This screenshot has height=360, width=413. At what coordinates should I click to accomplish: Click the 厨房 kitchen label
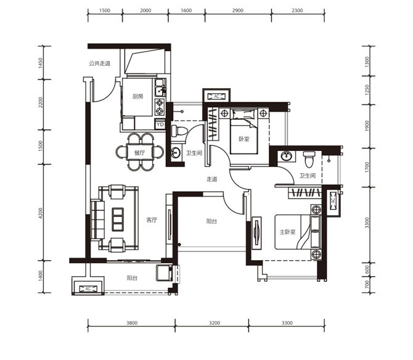click(137, 96)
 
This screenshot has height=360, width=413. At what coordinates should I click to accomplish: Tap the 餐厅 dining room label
click(139, 153)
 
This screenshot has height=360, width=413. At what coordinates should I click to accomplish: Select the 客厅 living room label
click(152, 220)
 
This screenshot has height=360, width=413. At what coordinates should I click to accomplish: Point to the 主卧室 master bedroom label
click(287, 232)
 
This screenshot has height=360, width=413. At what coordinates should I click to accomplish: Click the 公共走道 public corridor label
click(100, 63)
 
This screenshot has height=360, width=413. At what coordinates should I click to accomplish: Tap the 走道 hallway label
click(212, 179)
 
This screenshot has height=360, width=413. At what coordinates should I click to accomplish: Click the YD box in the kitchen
click(160, 125)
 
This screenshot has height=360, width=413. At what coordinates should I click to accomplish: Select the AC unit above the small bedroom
click(216, 96)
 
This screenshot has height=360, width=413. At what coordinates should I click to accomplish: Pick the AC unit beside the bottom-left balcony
click(88, 288)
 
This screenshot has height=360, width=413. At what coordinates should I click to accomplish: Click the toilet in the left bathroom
click(179, 131)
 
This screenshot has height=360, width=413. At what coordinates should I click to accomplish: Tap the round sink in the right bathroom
click(286, 156)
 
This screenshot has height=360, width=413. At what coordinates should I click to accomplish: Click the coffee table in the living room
click(118, 219)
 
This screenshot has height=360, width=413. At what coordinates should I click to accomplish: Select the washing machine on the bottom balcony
click(165, 273)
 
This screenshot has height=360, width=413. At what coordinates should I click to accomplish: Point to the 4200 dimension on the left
click(40, 213)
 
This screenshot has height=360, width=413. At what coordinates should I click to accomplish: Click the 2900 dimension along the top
click(238, 10)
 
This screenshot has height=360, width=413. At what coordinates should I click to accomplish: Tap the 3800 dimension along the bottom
click(132, 323)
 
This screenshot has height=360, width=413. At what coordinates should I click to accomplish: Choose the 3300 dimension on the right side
click(367, 223)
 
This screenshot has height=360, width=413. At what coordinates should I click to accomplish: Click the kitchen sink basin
click(159, 91)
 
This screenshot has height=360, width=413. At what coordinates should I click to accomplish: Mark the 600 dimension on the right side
click(367, 269)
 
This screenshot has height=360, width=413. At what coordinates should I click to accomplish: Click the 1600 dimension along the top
click(186, 10)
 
